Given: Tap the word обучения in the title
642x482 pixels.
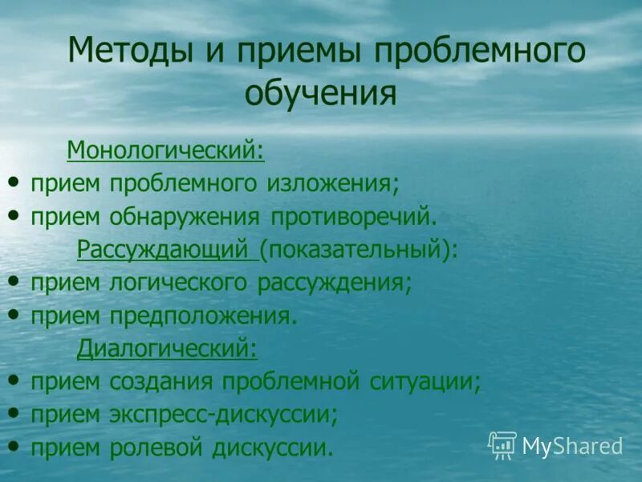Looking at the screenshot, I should [x=321, y=92].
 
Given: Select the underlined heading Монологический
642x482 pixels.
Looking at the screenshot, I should [x=165, y=149].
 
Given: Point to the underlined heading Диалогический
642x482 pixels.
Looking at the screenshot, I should [x=167, y=349].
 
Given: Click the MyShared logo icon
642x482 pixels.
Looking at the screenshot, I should [x=502, y=445].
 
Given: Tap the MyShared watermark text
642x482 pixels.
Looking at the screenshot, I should [x=572, y=446].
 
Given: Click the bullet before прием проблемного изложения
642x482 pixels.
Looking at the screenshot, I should [x=14, y=182].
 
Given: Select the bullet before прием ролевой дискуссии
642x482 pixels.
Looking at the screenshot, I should [x=14, y=445].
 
